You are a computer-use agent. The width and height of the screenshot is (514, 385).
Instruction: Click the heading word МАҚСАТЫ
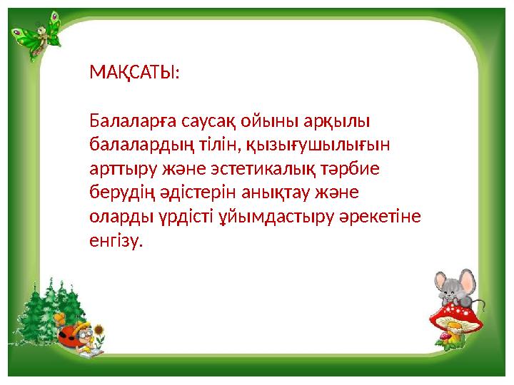(x=134, y=73)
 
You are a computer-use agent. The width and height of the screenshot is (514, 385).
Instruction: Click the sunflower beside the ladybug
(x=101, y=332)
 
